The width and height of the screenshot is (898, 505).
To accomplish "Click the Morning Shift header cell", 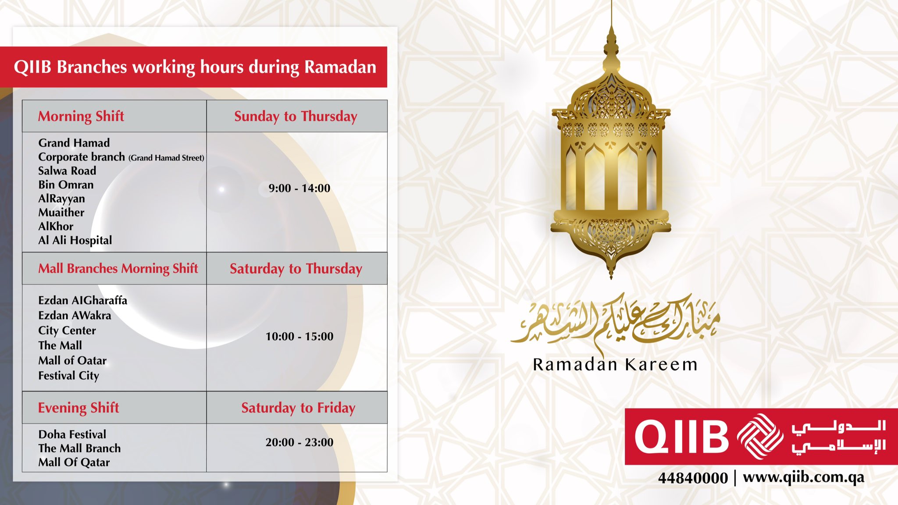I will point(81,116).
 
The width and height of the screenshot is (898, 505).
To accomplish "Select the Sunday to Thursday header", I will point(296,116).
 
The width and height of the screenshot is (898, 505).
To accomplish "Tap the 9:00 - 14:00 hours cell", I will point(299,188).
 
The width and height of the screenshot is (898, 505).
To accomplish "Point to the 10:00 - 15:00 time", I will point(299,336).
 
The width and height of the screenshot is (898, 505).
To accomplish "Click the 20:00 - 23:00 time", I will point(299,442).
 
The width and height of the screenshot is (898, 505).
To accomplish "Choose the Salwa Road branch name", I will point(67,171).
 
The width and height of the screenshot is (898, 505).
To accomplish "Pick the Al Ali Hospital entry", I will point(75,240).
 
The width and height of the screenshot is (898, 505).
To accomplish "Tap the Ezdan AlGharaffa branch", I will point(82,300).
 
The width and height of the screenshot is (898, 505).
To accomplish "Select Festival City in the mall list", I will point(68,376).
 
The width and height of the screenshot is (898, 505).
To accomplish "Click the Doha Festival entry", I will point(72,434).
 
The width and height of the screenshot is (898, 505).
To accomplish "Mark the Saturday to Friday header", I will point(298,408).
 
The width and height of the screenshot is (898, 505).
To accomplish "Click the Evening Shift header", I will point(78,408).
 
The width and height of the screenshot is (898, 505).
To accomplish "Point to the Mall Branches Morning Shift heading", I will point(118,268).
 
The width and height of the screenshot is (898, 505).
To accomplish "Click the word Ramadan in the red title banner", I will point(340,67).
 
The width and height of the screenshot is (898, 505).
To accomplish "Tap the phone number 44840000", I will point(693,478).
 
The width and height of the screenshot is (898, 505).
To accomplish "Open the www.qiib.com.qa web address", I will point(803,477).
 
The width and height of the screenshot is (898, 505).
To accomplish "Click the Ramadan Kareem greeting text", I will point(615,364).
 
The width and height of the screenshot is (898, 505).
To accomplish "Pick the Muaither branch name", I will point(61,213).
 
